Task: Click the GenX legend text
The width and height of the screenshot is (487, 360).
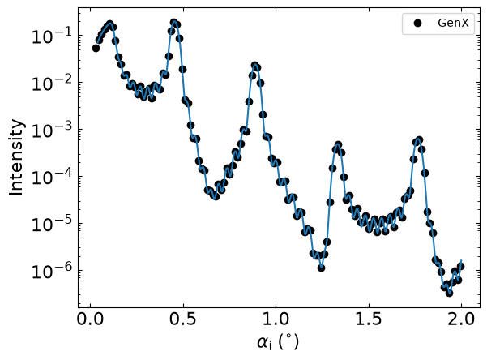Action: click(453, 23)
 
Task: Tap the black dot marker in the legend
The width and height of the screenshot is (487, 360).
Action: click(418, 23)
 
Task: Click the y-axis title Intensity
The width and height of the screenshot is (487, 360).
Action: click(16, 157)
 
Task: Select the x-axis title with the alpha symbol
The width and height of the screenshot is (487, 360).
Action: click(278, 343)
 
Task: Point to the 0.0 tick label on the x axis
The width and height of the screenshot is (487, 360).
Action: click(91, 319)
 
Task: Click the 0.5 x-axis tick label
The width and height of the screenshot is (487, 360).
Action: click(183, 319)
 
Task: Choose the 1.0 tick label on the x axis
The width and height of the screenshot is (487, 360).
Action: click(276, 319)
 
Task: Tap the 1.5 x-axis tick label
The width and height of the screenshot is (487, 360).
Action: click(369, 319)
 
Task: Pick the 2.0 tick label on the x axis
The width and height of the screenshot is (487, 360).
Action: click(461, 319)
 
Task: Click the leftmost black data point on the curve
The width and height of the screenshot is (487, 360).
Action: click(96, 48)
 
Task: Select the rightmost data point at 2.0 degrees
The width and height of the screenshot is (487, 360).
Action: click(461, 267)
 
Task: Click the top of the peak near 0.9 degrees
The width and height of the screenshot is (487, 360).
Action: click(255, 66)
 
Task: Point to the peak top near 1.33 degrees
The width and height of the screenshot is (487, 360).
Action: click(338, 145)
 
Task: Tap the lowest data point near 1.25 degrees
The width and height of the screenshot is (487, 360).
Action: click(322, 268)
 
